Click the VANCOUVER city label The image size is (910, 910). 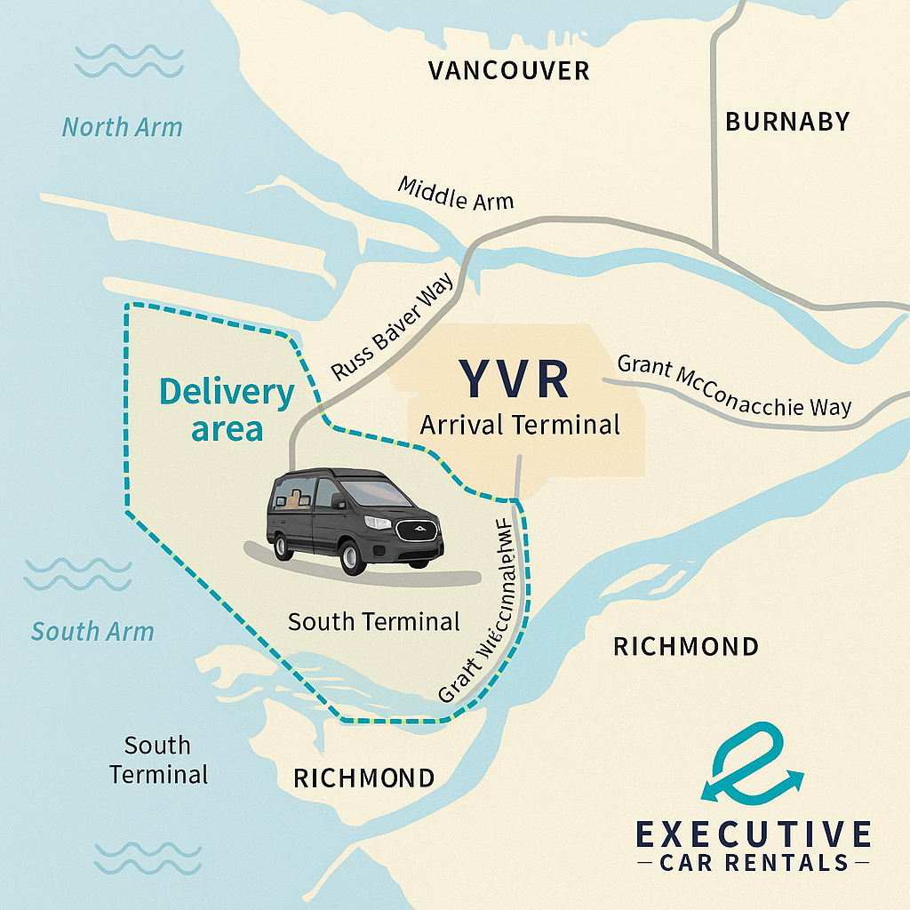508,70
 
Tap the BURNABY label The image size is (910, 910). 787,122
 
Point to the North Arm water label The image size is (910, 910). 122,127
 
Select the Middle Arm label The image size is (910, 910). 455,193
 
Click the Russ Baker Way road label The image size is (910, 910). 392,326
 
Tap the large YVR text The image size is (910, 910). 514,379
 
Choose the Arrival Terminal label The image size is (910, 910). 519,425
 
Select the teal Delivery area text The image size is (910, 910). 227,410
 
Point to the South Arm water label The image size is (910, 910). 92,632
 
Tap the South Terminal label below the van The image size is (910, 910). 374,621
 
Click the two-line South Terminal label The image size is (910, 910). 158,759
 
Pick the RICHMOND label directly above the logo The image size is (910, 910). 686,646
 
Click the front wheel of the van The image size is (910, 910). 353,555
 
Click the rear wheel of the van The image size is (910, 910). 283,545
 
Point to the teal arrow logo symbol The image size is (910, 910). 752,759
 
